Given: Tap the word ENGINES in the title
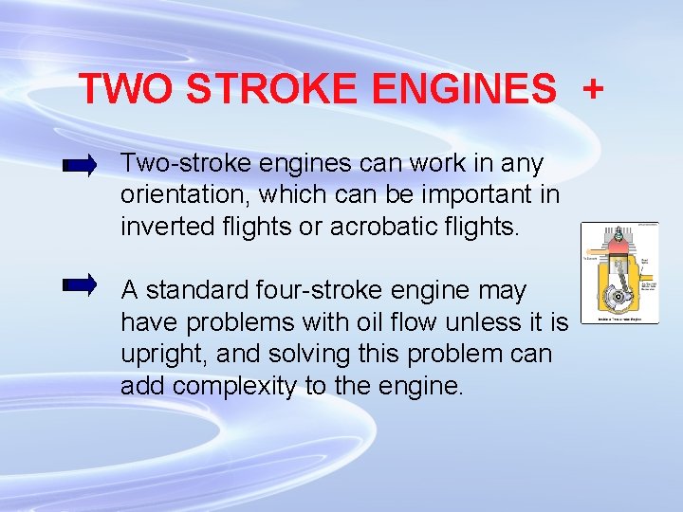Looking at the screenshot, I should (x=465, y=89).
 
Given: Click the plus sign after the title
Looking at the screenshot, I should (x=592, y=89).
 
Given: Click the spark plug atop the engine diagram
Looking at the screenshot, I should (x=618, y=231).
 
